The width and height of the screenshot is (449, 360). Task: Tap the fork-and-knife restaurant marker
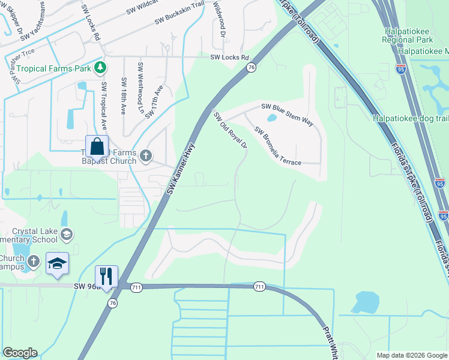pos(106,277)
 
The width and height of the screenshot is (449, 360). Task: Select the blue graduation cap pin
pos(57,263)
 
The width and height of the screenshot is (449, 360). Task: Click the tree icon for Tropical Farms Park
pos(101,68)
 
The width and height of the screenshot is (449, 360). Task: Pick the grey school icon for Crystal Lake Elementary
pos(67,234)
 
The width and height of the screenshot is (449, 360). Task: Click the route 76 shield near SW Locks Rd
pos(251,68)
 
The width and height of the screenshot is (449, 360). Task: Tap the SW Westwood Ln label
pos(140,84)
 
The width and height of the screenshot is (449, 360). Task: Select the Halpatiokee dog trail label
pos(410,118)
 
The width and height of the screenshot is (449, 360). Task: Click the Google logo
pos(20,352)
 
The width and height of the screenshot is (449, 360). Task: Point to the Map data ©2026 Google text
pos(411,355)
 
